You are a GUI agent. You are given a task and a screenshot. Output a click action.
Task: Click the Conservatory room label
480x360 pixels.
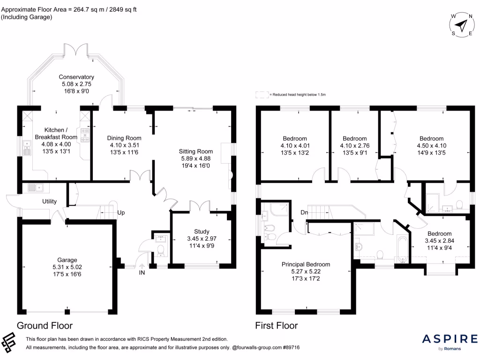pos(76,77)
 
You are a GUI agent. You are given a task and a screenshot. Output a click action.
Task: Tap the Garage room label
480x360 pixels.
pos(67,260)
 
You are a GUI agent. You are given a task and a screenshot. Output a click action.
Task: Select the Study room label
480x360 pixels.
pos(202,232)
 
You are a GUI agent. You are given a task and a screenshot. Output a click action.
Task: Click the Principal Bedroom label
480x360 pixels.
pos(305,264)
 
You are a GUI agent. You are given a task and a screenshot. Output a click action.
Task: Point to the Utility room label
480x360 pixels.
pos(50,202)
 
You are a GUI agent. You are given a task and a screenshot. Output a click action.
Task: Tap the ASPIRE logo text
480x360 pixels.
pos(450,339)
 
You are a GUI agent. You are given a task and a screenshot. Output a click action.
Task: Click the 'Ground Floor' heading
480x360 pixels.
pos(45,325)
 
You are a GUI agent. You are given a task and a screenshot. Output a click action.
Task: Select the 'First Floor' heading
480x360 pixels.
pos(276,325)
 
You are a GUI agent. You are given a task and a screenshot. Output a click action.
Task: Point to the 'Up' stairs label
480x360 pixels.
pos(121,212)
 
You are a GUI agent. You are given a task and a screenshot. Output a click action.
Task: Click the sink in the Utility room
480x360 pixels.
pos(36,188)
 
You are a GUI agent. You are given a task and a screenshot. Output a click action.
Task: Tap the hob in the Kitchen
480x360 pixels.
pos(85,136)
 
